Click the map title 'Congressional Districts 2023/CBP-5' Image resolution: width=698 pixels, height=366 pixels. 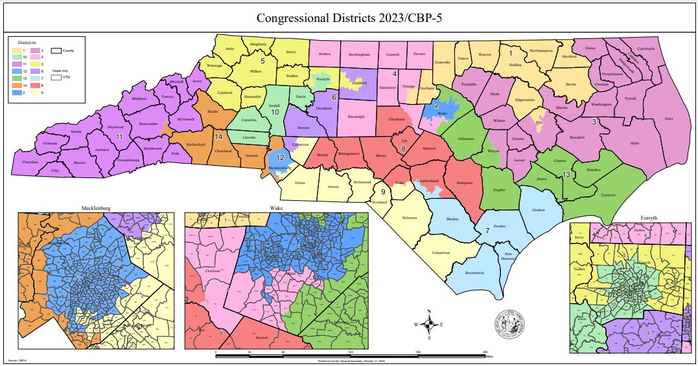tap(349, 17)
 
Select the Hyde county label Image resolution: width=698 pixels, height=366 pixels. tap(634, 143)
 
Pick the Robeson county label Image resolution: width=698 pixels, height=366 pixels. tap(409, 218)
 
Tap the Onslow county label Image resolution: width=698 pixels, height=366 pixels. tap(538, 210)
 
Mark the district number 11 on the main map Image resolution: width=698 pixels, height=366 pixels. tap(119, 138)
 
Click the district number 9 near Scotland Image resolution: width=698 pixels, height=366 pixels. tap(383, 192)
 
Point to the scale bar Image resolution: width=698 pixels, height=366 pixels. tap(350, 356)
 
